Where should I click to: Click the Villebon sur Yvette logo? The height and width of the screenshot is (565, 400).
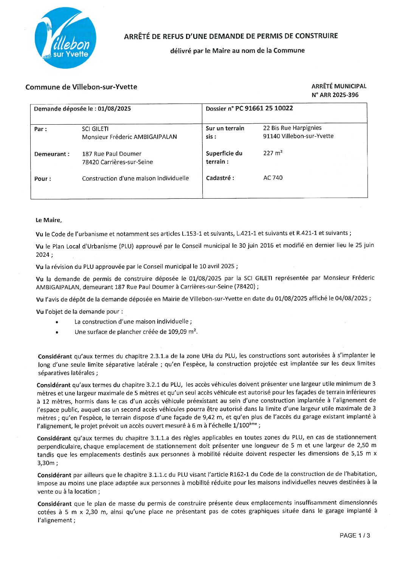tap(65, 38)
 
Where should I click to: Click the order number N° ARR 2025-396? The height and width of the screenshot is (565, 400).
tap(335, 95)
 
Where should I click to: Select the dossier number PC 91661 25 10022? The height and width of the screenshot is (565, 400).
tap(264, 108)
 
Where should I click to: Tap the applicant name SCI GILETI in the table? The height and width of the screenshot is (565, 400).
tap(95, 129)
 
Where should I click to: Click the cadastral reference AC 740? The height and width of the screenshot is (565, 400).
tap(273, 178)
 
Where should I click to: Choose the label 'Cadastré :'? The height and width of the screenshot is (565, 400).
tap(220, 178)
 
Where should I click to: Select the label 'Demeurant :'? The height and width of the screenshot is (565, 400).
tap(52, 154)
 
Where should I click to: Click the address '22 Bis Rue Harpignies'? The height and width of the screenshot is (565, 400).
tap(292, 128)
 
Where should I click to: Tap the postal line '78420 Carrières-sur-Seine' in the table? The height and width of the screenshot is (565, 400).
tap(118, 162)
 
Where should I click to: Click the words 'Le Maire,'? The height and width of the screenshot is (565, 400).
tap(48, 220)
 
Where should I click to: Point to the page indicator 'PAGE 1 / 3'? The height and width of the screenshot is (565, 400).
tap(355, 535)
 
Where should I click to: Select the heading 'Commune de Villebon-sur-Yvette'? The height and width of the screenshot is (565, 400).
tap(81, 87)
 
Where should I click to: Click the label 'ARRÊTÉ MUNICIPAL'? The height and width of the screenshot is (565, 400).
tap(339, 86)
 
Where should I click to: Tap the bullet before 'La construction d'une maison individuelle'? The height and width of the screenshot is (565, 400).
tap(57, 322)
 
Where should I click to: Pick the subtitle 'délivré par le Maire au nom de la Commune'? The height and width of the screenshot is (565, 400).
tap(237, 51)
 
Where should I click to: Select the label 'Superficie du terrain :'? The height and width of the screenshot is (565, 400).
tap(224, 157)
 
